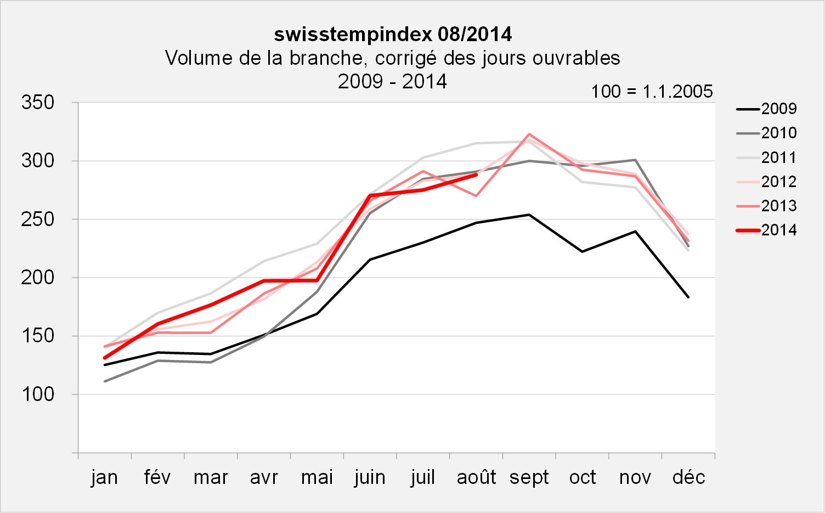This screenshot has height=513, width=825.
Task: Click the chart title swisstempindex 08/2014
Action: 393,35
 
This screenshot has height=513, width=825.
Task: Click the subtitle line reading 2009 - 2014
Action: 392,82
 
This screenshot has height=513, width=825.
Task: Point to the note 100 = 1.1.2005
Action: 651,91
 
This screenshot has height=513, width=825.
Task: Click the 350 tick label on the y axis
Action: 38,103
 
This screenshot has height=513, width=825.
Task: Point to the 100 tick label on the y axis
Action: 38,394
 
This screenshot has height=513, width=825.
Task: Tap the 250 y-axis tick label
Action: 38,219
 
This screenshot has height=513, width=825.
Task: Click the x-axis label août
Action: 476,477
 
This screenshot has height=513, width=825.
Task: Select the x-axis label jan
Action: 104,477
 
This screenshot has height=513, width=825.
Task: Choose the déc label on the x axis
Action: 688,477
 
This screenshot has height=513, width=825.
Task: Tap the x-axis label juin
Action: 370,477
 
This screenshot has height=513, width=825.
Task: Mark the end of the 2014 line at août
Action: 476,174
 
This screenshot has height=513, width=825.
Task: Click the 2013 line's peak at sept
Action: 529,134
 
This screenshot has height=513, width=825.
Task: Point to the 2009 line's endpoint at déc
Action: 688,297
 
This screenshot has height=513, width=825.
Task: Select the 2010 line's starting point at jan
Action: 104,381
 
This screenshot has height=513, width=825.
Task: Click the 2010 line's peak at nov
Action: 635,160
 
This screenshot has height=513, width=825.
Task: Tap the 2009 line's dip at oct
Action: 582,251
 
